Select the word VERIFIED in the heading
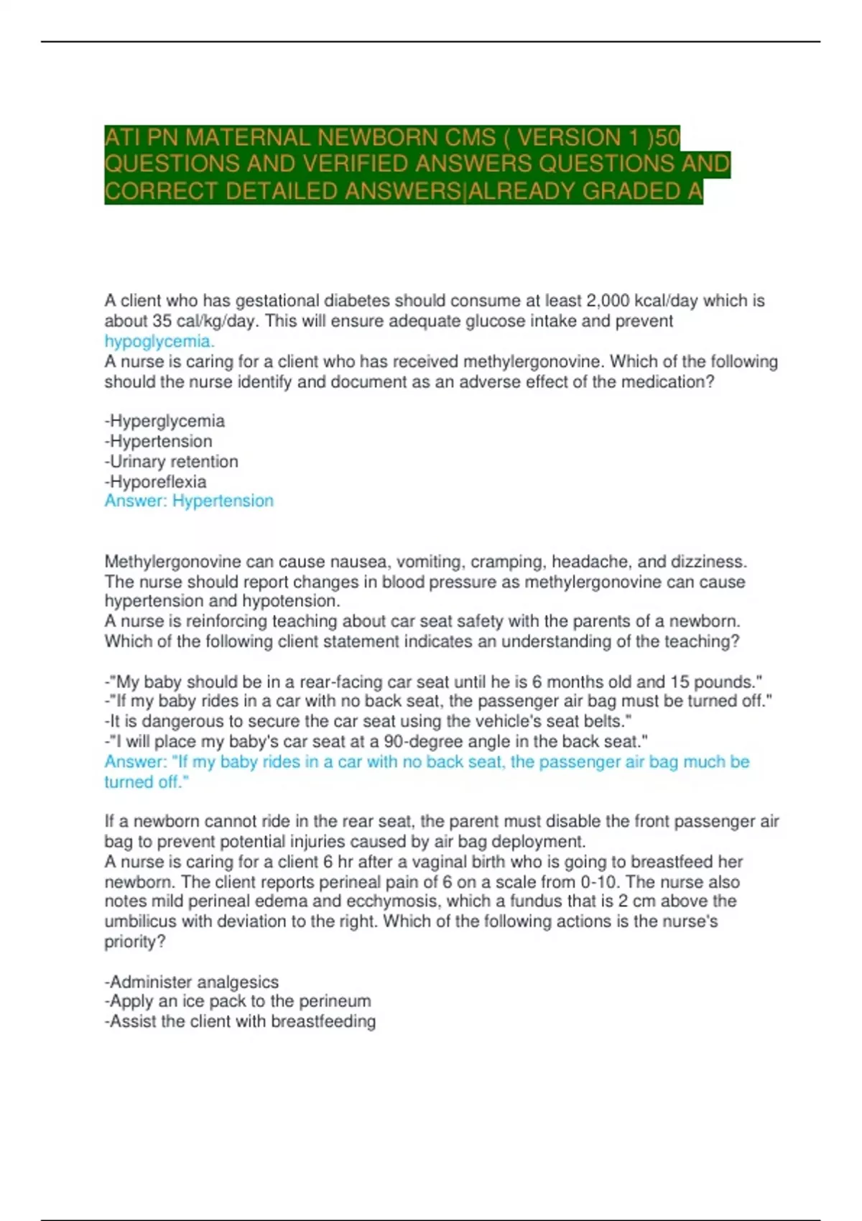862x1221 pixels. pyautogui.click(x=355, y=164)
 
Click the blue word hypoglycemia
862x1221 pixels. pyautogui.click(x=159, y=341)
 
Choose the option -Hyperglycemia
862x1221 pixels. pyautogui.click(x=164, y=421)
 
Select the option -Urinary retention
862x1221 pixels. pyautogui.click(x=171, y=461)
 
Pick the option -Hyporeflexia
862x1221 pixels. pyautogui.click(x=155, y=481)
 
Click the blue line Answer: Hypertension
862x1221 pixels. pyautogui.click(x=189, y=501)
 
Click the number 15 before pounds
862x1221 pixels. pyautogui.click(x=680, y=682)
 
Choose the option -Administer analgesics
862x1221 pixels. pyautogui.click(x=191, y=982)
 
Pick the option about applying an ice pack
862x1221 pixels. pyautogui.click(x=237, y=1001)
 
